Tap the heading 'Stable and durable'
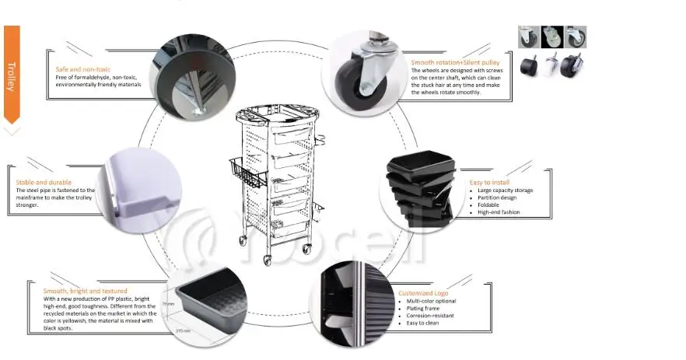[x=44, y=183]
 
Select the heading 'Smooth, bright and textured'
[x=75, y=292]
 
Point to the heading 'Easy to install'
[x=489, y=182]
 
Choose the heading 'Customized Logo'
[x=422, y=293]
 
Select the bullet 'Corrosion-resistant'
[x=431, y=316]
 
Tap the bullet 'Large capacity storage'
[x=506, y=190]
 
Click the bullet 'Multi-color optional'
[x=431, y=301]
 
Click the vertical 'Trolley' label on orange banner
[x=11, y=77]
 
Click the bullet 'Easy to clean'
[x=423, y=323]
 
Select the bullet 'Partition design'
[x=498, y=197]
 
